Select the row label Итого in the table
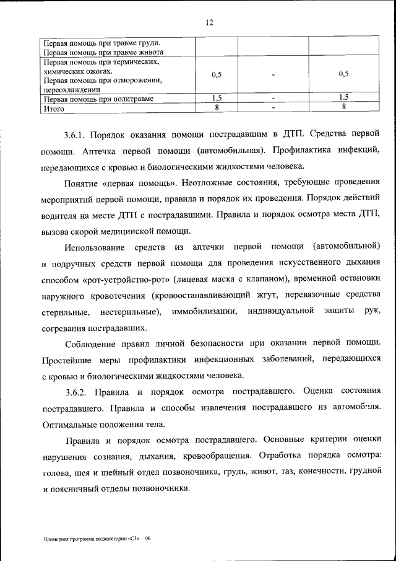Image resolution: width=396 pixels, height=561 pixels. (53, 108)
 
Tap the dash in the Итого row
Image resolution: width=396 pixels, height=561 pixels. (273, 108)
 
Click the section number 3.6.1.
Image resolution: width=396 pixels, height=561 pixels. (75, 134)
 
